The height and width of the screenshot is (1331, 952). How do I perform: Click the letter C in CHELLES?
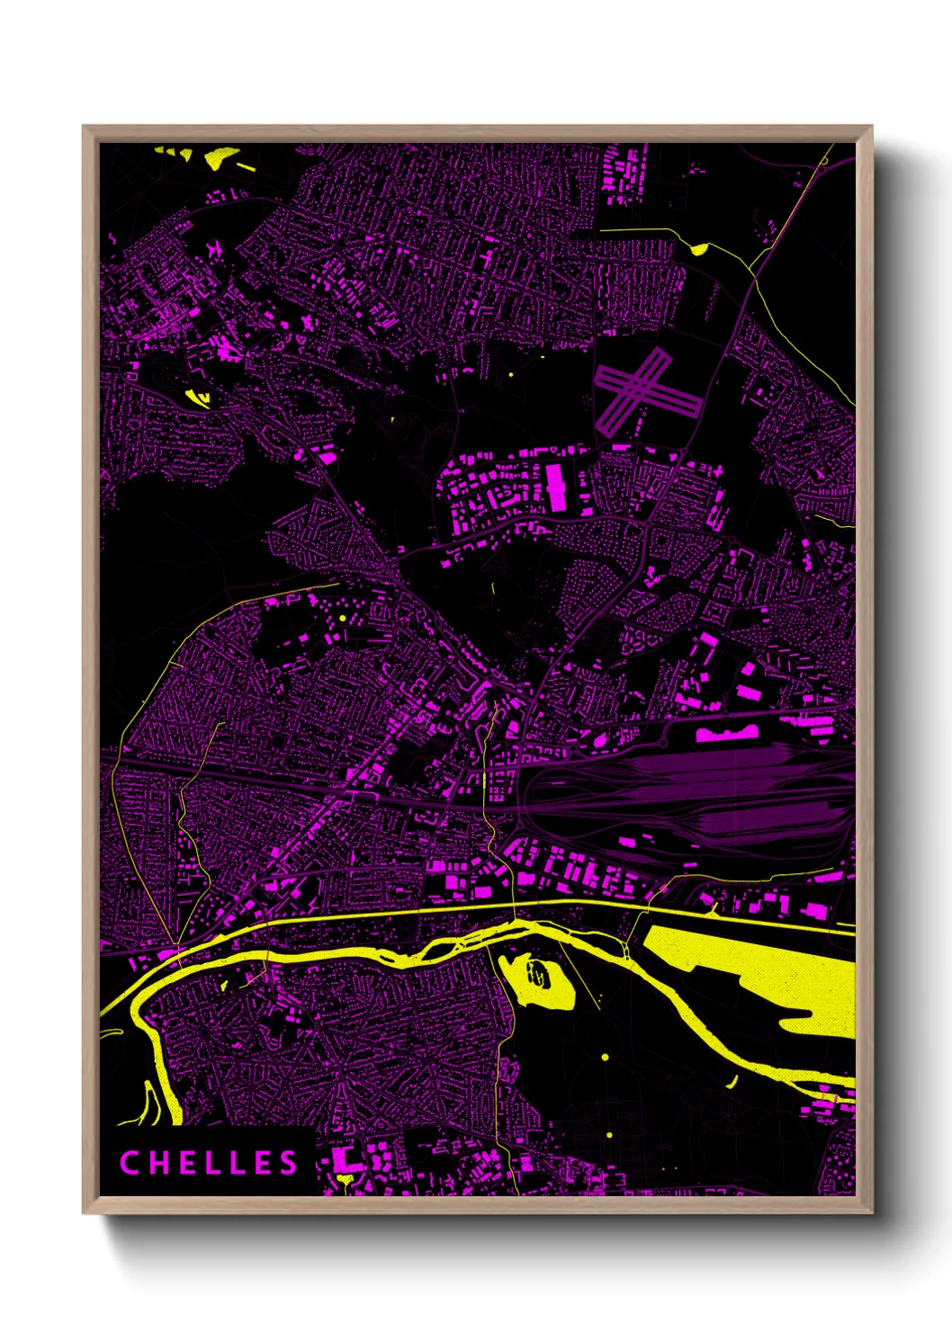(129, 1163)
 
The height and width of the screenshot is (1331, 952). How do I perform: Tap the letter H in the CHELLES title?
(156, 1163)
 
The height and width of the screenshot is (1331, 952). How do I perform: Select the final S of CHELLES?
(288, 1163)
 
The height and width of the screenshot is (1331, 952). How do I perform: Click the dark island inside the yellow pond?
(538, 973)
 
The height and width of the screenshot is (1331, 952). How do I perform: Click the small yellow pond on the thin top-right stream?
(698, 248)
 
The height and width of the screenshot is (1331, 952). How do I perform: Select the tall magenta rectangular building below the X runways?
(557, 487)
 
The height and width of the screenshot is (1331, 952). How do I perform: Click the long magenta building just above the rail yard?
(726, 734)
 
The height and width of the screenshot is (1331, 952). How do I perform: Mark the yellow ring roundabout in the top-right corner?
(823, 161)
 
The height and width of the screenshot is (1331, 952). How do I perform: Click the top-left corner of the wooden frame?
(84, 127)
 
